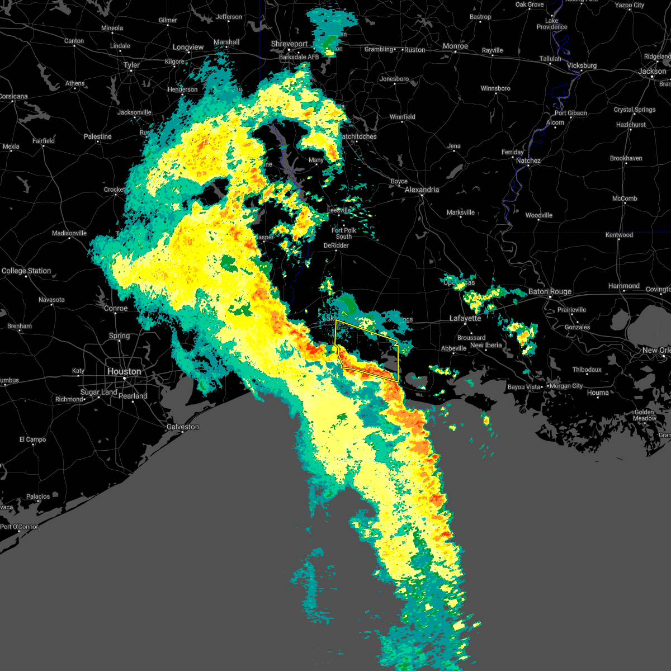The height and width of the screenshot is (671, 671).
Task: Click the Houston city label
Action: [124, 371]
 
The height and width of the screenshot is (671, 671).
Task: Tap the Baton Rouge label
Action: [550, 291]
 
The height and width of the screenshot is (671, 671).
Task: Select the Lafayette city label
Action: [465, 318]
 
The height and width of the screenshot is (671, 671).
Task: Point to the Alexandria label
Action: [422, 190]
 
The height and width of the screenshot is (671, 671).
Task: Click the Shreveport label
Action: [289, 44]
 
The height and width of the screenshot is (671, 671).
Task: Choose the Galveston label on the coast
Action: [182, 427]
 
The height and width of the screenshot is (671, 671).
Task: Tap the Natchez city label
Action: [528, 160]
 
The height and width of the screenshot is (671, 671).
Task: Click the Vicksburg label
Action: [582, 65]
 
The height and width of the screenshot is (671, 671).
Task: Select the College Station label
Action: [26, 271]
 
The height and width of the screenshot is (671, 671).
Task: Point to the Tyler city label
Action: [131, 65]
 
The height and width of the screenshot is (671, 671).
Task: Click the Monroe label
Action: [455, 46]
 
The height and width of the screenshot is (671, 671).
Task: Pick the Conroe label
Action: [116, 308]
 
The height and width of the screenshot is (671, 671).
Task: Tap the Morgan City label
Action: [566, 386]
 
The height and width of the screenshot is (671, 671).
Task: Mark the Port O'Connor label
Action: [20, 527]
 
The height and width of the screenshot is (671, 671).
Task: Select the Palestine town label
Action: [97, 136]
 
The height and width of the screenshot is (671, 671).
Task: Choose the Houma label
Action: [598, 393]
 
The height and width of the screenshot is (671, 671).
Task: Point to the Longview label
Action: [188, 47]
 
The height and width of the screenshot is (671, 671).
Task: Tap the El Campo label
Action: [33, 440]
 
